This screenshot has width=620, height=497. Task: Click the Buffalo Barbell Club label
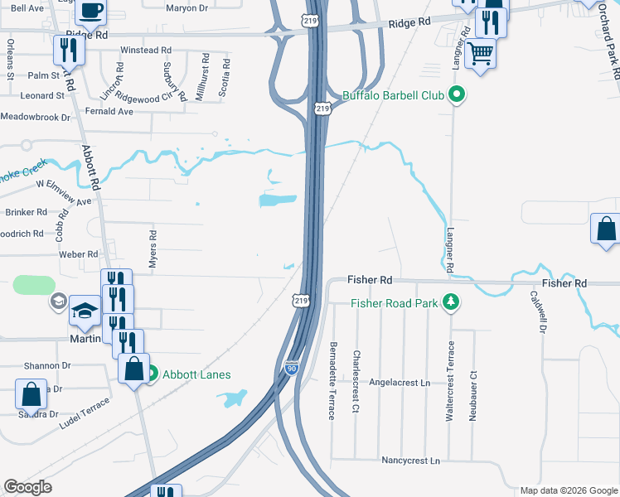click(393, 95)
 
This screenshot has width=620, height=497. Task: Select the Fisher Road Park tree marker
click(451, 303)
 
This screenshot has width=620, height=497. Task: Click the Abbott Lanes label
click(196, 374)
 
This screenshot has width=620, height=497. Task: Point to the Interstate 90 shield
click(291, 365)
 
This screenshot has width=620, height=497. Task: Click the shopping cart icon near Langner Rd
click(480, 55)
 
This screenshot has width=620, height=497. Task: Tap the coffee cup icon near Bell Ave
click(90, 11)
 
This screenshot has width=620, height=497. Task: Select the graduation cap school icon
click(85, 311)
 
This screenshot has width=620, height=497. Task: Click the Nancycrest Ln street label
click(409, 460)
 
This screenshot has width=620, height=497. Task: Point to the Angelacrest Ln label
click(400, 384)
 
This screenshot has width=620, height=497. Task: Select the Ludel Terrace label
click(84, 413)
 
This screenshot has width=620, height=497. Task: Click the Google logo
click(27, 487)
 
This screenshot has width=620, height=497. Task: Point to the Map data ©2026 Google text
click(568, 490)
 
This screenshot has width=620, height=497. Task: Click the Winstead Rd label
click(139, 51)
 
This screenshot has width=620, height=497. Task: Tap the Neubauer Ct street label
click(473, 391)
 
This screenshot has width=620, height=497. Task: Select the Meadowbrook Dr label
click(36, 118)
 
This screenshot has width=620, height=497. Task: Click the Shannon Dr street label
click(47, 365)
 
